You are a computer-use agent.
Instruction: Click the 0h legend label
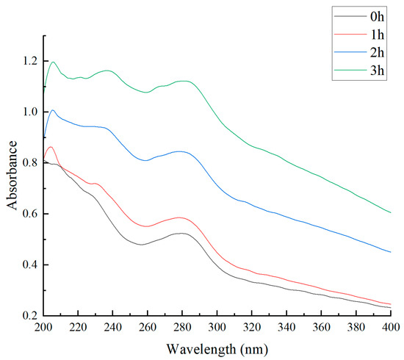click(x=377, y=16)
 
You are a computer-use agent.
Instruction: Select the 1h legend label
click(x=377, y=35)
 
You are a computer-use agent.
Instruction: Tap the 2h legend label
click(x=377, y=52)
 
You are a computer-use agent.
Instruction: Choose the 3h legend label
click(x=377, y=70)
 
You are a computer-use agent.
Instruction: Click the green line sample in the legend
click(x=350, y=70)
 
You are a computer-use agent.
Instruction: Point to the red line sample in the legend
click(x=350, y=34)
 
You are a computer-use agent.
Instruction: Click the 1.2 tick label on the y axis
click(x=30, y=61)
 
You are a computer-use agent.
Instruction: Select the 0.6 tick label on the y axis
click(x=30, y=214)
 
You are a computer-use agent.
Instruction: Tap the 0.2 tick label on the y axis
click(x=30, y=316)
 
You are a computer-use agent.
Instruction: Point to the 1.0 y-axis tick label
click(x=30, y=112)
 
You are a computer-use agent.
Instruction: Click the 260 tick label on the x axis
click(x=148, y=327)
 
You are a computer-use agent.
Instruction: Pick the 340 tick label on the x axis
click(x=286, y=327)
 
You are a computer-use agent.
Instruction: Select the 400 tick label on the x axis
click(x=391, y=327)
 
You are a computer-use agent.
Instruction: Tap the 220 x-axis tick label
click(x=78, y=327)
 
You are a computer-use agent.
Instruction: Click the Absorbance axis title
click(x=12, y=176)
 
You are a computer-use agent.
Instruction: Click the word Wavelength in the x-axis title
click(x=201, y=349)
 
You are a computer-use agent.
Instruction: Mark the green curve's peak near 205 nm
click(x=54, y=62)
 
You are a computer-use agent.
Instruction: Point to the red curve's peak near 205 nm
click(x=51, y=147)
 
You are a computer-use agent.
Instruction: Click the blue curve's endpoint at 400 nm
click(x=391, y=252)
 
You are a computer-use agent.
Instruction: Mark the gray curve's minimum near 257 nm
click(x=141, y=245)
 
